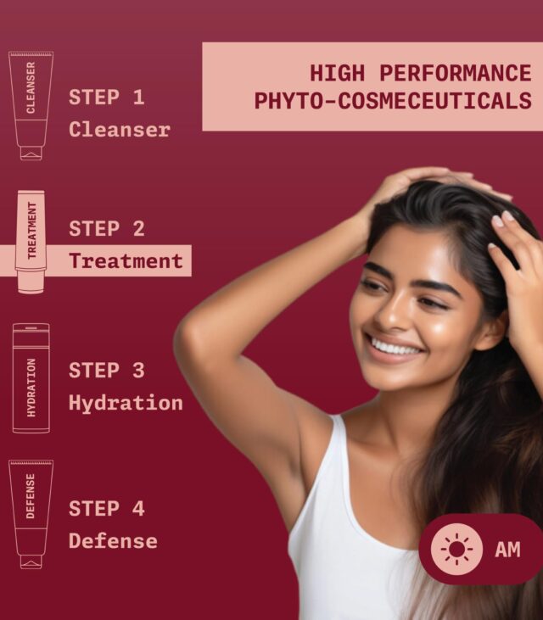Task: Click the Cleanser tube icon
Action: [x=31, y=105]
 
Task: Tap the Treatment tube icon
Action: [x=31, y=242]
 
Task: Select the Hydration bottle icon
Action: [x=31, y=378]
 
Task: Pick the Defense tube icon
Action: [x=31, y=514]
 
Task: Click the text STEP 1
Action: [x=106, y=98]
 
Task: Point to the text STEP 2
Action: [x=106, y=228]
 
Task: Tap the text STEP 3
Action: [x=106, y=371]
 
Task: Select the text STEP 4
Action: [x=106, y=509]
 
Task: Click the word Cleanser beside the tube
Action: [x=120, y=130]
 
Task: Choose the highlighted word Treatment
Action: [x=126, y=261]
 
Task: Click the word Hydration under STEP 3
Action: [x=126, y=403]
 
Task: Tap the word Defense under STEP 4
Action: [x=113, y=541]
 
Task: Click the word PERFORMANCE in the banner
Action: [x=456, y=73]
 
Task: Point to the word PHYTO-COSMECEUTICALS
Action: [x=393, y=101]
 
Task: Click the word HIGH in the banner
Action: [x=338, y=73]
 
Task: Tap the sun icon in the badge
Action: [x=456, y=549]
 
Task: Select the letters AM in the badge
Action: [x=507, y=550]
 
